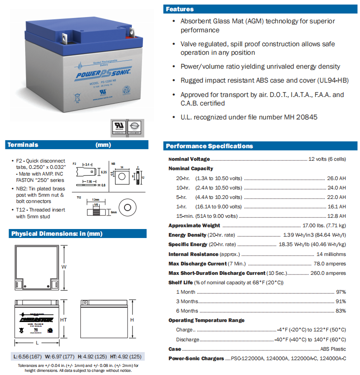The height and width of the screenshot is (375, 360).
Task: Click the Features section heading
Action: click(180, 9)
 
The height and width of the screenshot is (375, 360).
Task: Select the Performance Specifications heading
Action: click(209, 146)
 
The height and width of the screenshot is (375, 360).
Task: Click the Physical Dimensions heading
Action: click(57, 234)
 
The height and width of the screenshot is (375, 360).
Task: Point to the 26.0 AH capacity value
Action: click(337, 178)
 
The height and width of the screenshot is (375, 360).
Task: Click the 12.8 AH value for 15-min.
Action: click(337, 216)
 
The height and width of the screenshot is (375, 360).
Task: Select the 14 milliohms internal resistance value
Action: click(331, 254)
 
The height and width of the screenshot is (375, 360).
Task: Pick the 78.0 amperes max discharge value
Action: click(330, 264)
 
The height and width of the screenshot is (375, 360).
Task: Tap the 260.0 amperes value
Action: click(329, 273)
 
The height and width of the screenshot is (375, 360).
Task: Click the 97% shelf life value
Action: click(341, 292)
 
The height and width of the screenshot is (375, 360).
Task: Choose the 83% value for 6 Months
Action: click(341, 311)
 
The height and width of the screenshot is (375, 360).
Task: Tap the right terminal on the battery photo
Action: click(133, 32)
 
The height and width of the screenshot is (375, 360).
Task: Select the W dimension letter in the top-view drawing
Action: click(64, 267)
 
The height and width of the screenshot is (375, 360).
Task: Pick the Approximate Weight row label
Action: click(194, 225)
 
